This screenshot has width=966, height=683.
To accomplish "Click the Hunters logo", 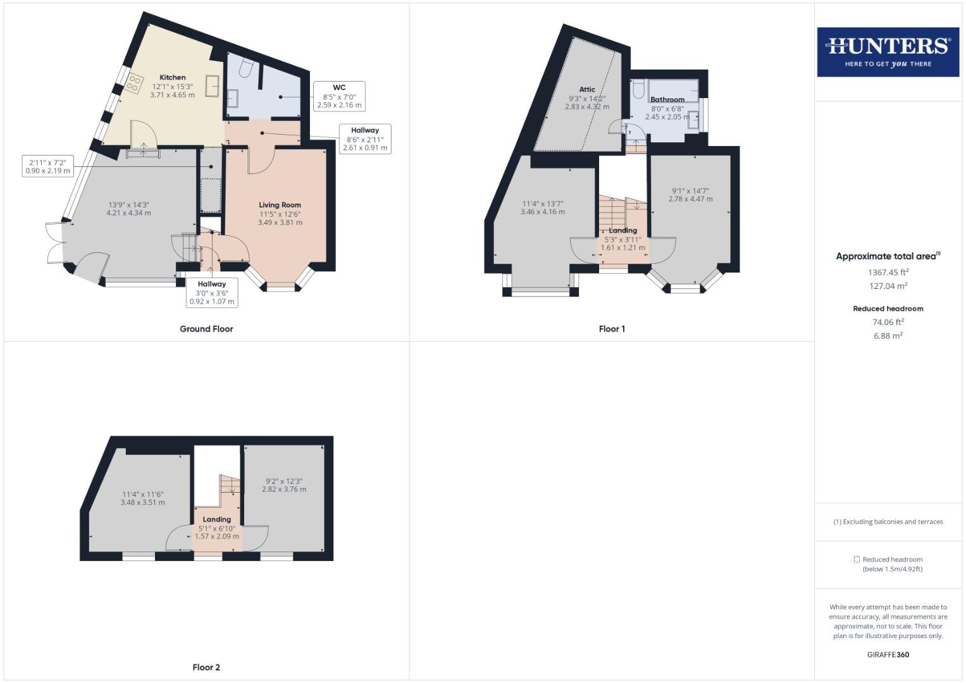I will coord(888,52).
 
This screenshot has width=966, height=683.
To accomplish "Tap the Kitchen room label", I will coord(172,78).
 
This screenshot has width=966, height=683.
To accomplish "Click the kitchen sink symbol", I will coord(213,86).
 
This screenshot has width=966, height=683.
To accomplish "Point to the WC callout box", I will coord(339,96).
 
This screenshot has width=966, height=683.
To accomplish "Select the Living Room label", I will coord(280,205).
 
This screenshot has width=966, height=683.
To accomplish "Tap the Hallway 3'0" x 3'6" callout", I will coord(212,293).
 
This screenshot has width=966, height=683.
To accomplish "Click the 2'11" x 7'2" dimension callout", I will coord(47,166).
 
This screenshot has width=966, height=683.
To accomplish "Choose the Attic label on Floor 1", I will coord(586,90).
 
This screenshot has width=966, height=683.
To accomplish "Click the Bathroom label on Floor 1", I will coord(667,99).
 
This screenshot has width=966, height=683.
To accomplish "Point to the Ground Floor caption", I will coord(206,329).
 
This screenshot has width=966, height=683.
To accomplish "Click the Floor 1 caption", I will coord(612,329).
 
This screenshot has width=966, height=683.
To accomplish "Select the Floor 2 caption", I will coord(206,667).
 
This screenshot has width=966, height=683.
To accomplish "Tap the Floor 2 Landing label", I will coord(217,519).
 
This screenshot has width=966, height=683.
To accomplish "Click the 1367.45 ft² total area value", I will coord(888,273).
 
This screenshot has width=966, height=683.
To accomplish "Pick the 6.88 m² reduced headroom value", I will coord(888,336).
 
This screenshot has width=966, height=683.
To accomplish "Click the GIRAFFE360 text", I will coord(888,655).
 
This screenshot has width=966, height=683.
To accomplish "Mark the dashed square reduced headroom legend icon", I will coord(857,560).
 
